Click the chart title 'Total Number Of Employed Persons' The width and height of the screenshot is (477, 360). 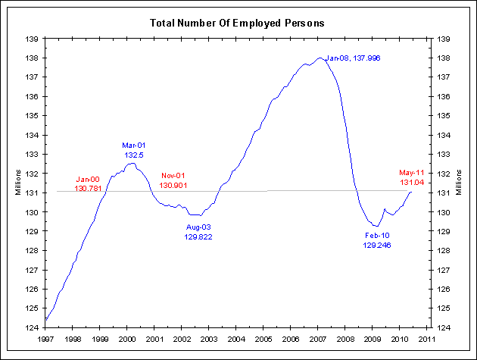click(238, 23)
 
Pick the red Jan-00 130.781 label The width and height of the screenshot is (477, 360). click(89, 183)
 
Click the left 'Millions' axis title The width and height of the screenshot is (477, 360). click(18, 183)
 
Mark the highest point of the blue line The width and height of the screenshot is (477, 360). click(320, 58)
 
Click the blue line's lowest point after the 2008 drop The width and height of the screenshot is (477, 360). click(374, 226)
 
